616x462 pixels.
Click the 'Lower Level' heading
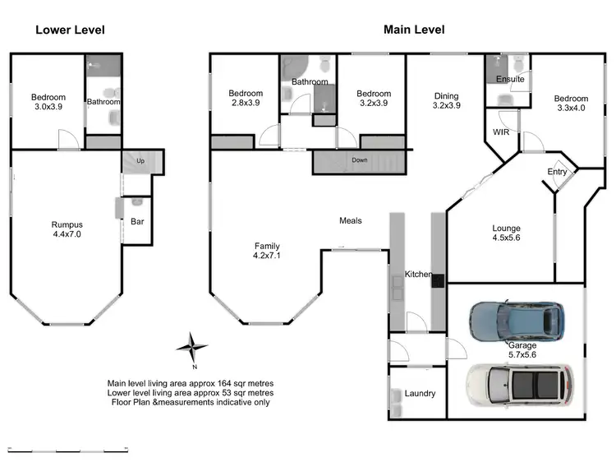[x=70, y=30]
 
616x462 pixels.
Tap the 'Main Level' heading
[x=414, y=30]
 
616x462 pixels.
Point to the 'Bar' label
[x=138, y=221]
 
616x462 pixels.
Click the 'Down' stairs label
[x=359, y=160]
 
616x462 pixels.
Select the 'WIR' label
[x=501, y=132]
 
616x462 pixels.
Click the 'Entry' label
[x=557, y=172]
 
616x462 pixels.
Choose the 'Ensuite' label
[x=511, y=80]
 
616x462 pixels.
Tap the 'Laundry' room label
[x=420, y=394]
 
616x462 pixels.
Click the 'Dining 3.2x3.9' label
[x=446, y=101]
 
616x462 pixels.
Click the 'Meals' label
[x=351, y=220]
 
